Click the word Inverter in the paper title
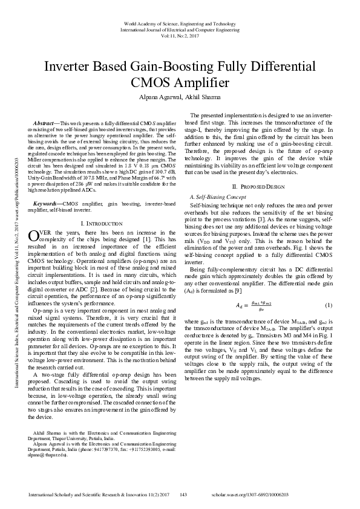(70, 66)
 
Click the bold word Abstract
(44, 123)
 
